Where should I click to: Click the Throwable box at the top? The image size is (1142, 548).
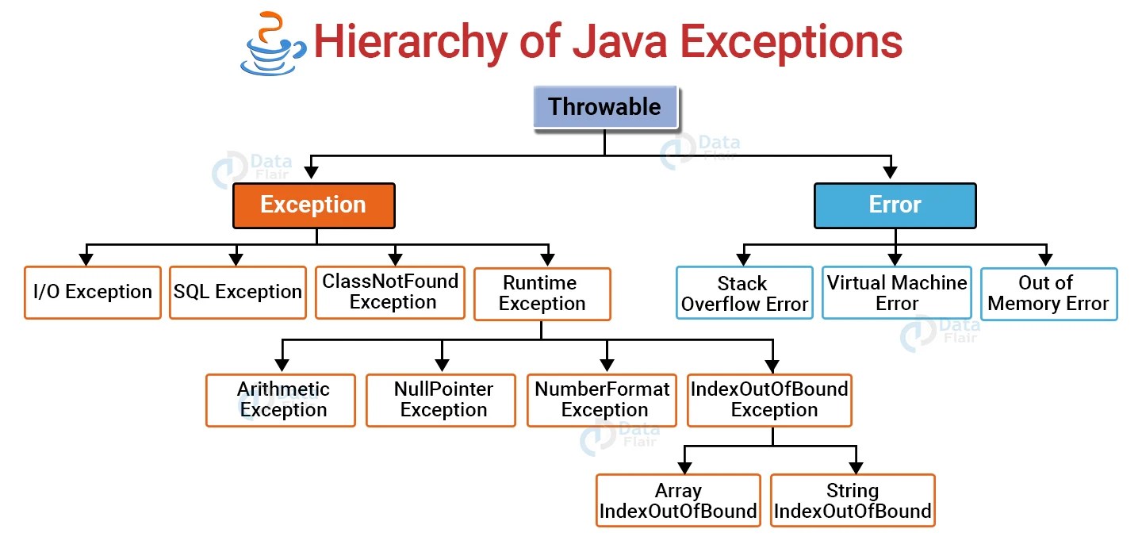click(x=604, y=107)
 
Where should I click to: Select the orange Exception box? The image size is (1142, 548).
click(x=313, y=205)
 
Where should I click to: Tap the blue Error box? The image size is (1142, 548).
click(x=895, y=205)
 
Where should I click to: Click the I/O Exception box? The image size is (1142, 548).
click(x=93, y=293)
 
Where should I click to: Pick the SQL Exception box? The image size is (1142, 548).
click(x=238, y=293)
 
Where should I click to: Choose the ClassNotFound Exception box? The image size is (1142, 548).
click(x=390, y=293)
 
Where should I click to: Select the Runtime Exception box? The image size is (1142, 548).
click(x=542, y=294)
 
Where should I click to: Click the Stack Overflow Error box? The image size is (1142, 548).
click(x=744, y=293)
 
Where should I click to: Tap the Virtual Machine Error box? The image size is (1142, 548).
click(x=896, y=293)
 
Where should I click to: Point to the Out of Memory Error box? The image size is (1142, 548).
click(x=1048, y=293)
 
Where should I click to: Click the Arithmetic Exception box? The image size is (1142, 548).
click(x=281, y=400)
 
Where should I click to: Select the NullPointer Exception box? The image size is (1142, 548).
click(x=441, y=400)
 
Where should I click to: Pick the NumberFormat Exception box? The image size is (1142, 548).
click(x=602, y=400)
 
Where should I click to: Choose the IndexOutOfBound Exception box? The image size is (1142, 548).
click(x=770, y=400)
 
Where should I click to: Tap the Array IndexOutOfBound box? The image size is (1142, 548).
click(x=678, y=500)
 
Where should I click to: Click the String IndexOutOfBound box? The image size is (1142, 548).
click(x=853, y=500)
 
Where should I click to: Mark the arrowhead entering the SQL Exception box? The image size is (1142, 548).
click(x=236, y=259)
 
